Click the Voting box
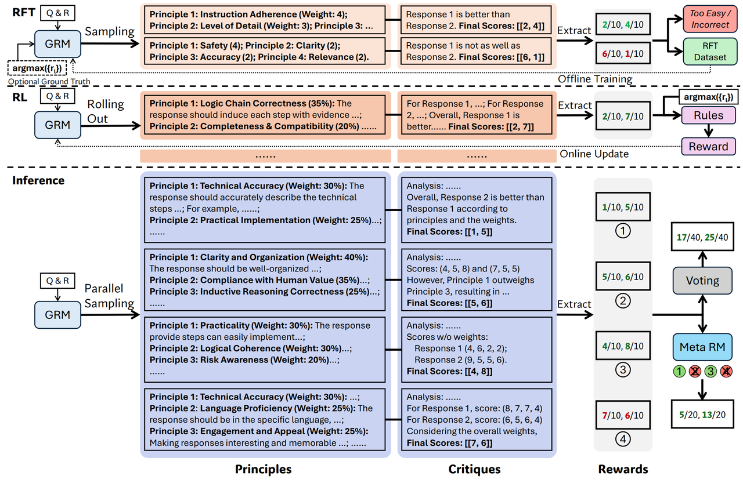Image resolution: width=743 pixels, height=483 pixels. point(702,281)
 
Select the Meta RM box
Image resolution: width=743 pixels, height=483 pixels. point(702,347)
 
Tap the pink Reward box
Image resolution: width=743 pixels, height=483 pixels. point(708,147)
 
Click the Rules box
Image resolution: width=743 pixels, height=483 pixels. point(708,115)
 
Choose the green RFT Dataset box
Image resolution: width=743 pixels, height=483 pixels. point(710,52)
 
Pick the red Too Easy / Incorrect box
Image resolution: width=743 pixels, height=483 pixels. point(710,19)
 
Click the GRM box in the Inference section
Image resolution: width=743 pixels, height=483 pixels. point(57,315)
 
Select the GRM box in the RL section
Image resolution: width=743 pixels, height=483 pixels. point(57,125)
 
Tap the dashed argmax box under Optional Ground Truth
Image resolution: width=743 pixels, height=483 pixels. point(37,68)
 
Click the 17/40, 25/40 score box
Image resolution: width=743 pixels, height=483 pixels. point(702,237)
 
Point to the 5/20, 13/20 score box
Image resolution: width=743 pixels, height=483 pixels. point(702,414)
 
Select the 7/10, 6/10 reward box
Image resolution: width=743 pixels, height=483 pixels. point(623,415)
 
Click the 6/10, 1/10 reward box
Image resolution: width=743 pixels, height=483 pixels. point(623,53)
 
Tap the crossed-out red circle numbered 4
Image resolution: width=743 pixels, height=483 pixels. point(726,371)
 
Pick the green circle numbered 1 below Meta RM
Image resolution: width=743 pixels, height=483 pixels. point(679,371)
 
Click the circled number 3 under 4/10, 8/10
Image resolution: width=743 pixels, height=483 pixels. point(623,369)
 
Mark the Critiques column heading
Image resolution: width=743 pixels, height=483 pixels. point(474,469)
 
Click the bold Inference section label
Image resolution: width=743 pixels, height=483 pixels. point(38,180)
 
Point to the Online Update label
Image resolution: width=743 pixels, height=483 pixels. point(594,154)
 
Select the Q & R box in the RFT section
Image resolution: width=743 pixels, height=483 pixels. point(57,13)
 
